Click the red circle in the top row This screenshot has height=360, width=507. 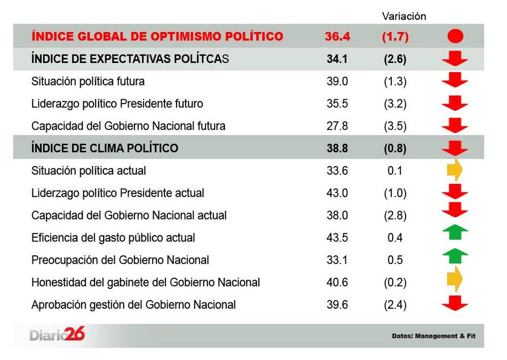click(x=455, y=36)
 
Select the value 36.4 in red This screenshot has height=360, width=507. click(x=337, y=36)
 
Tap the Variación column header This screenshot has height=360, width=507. click(x=404, y=16)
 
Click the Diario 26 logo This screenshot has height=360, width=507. click(x=57, y=335)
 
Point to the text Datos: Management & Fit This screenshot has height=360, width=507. click(x=433, y=336)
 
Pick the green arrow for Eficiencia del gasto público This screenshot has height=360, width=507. click(x=455, y=232)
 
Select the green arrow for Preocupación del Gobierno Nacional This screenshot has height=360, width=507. click(x=455, y=256)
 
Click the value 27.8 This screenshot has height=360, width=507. click(x=337, y=126)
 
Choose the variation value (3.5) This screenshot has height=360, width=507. click(x=395, y=126)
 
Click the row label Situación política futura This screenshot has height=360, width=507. click(x=88, y=81)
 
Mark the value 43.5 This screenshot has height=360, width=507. click(x=337, y=238)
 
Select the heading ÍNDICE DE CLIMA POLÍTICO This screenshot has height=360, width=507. click(x=105, y=148)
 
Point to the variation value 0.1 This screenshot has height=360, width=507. click(x=395, y=171)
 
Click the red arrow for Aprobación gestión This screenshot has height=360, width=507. click(x=455, y=304)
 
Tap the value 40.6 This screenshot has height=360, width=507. click(x=337, y=283)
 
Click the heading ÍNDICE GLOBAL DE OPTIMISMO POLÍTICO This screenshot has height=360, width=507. click(x=157, y=36)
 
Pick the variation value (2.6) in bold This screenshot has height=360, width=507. click(x=395, y=59)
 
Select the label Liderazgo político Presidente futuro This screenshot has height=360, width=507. click(x=117, y=104)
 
